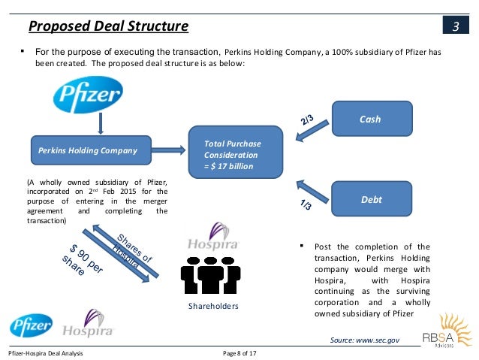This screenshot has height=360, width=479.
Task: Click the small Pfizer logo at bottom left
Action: (31, 324)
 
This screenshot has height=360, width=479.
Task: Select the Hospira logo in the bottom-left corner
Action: (88, 324)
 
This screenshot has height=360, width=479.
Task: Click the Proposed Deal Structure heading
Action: (109, 28)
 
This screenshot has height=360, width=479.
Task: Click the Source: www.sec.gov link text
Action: (365, 340)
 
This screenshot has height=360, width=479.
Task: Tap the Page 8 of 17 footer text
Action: (246, 352)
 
